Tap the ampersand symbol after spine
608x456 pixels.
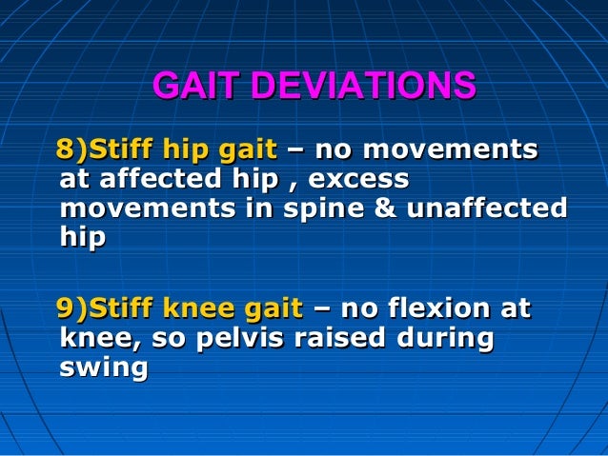[x=385, y=208]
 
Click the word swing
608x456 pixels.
[x=103, y=367]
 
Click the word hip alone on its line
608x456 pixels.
[x=82, y=238]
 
